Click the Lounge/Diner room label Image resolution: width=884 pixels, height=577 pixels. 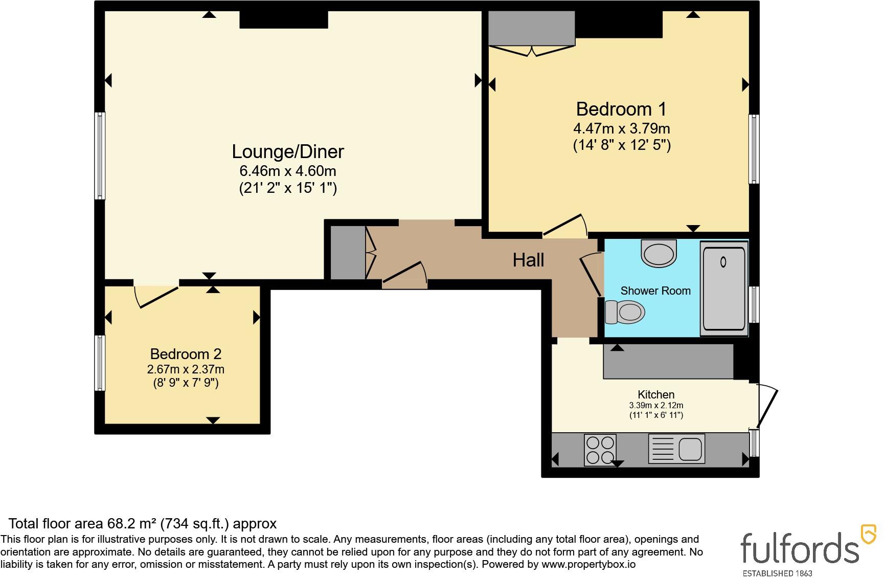tap(288, 151)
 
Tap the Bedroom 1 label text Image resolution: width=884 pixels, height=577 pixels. tap(621, 109)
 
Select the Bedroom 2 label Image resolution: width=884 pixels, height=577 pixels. tap(186, 354)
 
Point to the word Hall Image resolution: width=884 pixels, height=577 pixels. tap(528, 260)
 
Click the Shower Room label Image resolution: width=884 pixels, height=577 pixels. tap(655, 291)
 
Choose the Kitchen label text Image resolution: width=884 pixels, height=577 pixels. tap(656, 394)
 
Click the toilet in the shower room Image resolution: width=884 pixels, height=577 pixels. tap(624, 312)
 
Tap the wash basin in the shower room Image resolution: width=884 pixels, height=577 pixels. tap(659, 253)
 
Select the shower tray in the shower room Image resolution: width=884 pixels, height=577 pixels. tap(724, 289)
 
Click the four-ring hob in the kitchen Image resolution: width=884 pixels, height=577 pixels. tap(600, 450)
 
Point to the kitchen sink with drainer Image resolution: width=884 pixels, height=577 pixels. tap(676, 449)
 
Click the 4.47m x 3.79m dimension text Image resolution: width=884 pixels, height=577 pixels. tap(621, 128)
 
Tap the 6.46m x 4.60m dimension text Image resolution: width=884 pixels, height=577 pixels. tap(288, 171)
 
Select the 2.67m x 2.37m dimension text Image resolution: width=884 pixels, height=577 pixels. tap(186, 369)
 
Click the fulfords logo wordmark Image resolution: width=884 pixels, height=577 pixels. tap(800, 548)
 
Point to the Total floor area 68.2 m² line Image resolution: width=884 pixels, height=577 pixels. tap(143, 524)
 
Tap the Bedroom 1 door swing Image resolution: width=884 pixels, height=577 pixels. tap(565, 226)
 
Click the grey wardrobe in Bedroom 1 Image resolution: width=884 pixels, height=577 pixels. tap(532, 29)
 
